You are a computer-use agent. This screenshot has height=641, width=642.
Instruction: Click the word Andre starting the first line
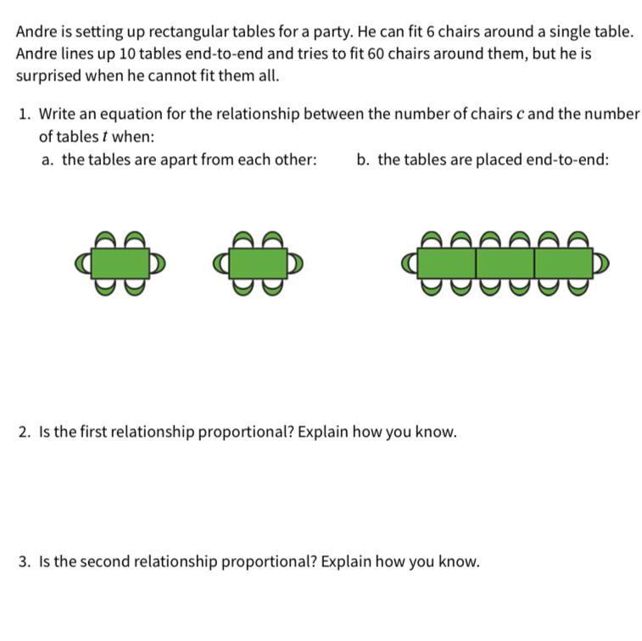coord(36,31)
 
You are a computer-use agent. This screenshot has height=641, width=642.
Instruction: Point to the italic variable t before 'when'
coord(104,137)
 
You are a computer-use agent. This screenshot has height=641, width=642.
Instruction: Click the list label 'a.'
coord(47,159)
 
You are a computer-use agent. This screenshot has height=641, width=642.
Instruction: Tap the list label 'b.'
coord(363,159)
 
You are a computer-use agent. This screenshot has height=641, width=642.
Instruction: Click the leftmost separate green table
coord(120,264)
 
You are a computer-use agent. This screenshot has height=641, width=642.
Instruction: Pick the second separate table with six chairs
coord(258,264)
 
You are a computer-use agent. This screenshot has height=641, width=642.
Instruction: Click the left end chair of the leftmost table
coord(83,264)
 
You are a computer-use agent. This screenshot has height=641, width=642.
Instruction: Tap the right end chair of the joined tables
coord(601,264)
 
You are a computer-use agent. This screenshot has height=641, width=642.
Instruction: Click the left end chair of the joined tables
coord(410,264)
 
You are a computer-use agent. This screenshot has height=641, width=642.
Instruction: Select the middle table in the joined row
coord(505,264)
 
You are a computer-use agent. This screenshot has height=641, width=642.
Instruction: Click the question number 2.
coord(25,432)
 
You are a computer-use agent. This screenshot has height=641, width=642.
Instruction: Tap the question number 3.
coord(25,561)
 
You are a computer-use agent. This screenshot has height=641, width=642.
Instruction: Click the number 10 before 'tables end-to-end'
coord(127,53)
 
